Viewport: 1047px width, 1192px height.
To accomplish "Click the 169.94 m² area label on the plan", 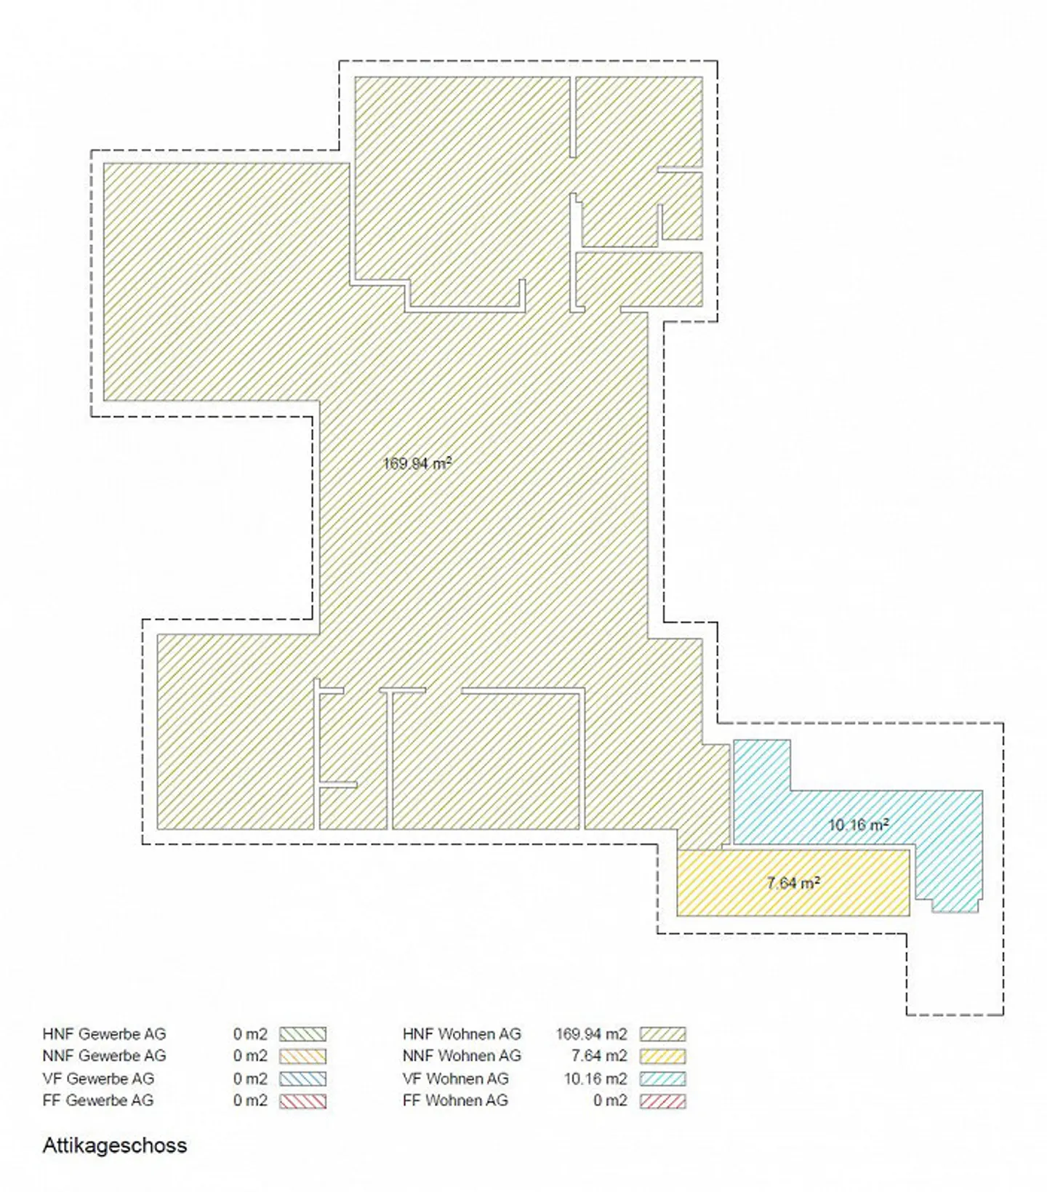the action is pyautogui.click(x=417, y=463).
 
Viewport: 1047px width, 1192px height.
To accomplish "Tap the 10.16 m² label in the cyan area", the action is pyautogui.click(x=859, y=825).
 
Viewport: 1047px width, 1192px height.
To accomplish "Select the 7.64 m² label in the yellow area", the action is pyautogui.click(x=793, y=883).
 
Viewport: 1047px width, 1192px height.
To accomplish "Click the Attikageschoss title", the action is pyautogui.click(x=115, y=1145).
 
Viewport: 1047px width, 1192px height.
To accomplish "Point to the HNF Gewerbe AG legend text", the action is pyautogui.click(x=104, y=1033).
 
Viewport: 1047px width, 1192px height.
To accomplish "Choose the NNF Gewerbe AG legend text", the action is pyautogui.click(x=104, y=1055).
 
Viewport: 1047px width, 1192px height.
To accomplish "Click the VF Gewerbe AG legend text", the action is pyautogui.click(x=98, y=1078).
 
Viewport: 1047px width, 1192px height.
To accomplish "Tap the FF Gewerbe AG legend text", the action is pyautogui.click(x=98, y=1100).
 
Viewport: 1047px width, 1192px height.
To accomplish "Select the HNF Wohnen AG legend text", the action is pyautogui.click(x=462, y=1033).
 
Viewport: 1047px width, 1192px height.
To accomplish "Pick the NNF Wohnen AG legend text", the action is pyautogui.click(x=462, y=1055).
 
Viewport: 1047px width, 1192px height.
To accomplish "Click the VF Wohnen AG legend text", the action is pyautogui.click(x=455, y=1078).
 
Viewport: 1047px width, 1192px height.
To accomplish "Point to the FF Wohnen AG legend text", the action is pyautogui.click(x=455, y=1100).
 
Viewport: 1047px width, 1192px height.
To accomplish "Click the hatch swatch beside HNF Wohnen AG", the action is pyautogui.click(x=662, y=1033).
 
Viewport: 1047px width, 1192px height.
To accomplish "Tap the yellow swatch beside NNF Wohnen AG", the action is pyautogui.click(x=662, y=1056).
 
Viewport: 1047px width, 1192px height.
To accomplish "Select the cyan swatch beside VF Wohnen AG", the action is pyautogui.click(x=662, y=1078).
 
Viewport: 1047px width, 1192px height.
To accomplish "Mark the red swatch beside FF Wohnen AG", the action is pyautogui.click(x=662, y=1100).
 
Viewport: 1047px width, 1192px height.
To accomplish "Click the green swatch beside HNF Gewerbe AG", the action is pyautogui.click(x=303, y=1033).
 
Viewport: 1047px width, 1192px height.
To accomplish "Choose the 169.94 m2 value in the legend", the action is pyautogui.click(x=591, y=1033).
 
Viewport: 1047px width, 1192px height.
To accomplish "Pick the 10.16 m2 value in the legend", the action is pyautogui.click(x=595, y=1078).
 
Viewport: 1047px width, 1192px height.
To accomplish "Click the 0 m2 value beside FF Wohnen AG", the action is pyautogui.click(x=610, y=1100).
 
